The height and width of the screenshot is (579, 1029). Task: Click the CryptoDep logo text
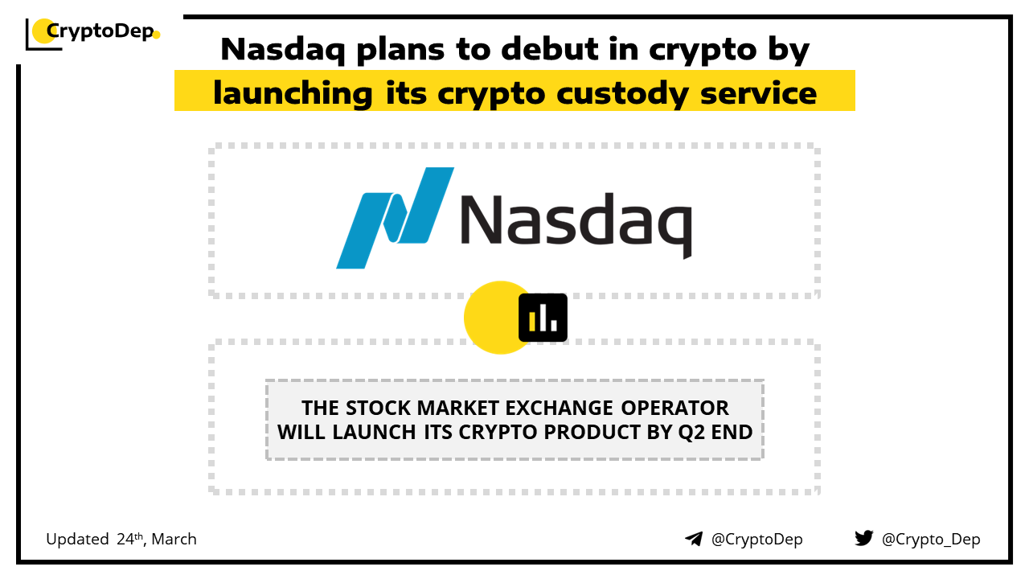[100, 31]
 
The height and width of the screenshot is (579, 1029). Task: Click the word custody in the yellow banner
[622, 94]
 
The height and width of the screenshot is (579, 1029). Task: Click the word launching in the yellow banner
[293, 94]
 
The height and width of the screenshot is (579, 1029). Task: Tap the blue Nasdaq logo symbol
[395, 218]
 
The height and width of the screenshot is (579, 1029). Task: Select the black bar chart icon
[543, 318]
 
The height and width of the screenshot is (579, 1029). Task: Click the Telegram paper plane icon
[694, 539]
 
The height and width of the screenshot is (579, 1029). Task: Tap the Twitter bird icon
[864, 538]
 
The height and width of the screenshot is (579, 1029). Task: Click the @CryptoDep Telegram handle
[757, 540]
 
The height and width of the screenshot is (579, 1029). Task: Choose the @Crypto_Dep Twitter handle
[931, 540]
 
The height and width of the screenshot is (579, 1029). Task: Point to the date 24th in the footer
[130, 539]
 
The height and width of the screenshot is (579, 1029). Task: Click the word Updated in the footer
[77, 540]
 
